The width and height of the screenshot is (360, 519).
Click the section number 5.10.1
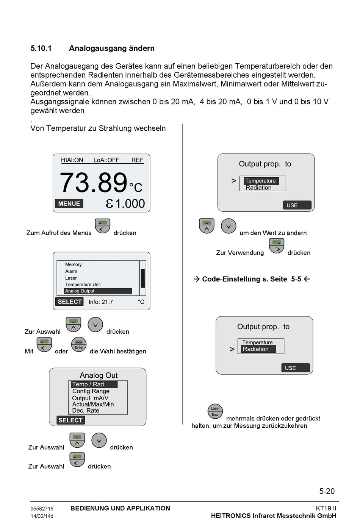(41, 48)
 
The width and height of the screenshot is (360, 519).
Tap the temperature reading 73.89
(93, 183)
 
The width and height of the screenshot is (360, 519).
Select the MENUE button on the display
(69, 204)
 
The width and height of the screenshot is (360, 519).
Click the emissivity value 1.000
(130, 204)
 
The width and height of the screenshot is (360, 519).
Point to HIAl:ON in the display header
(72, 160)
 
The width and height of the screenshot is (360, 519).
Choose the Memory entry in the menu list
(73, 264)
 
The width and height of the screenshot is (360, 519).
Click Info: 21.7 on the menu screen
(100, 302)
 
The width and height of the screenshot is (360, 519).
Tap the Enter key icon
(79, 345)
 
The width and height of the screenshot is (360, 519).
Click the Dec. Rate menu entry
(86, 411)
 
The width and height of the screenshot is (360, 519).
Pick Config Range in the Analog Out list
(91, 391)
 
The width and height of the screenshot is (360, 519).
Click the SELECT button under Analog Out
(70, 420)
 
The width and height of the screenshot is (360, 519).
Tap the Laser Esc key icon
(215, 411)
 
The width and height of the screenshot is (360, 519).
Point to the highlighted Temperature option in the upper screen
(261, 181)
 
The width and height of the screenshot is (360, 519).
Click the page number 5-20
(327, 491)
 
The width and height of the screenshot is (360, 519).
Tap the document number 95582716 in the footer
(42, 509)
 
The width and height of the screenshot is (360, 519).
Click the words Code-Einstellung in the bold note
(231, 279)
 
